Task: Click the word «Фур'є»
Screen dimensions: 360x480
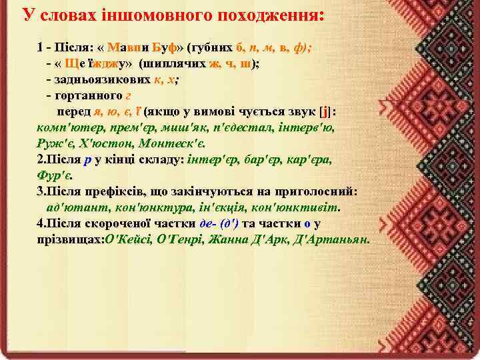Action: point(55,175)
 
